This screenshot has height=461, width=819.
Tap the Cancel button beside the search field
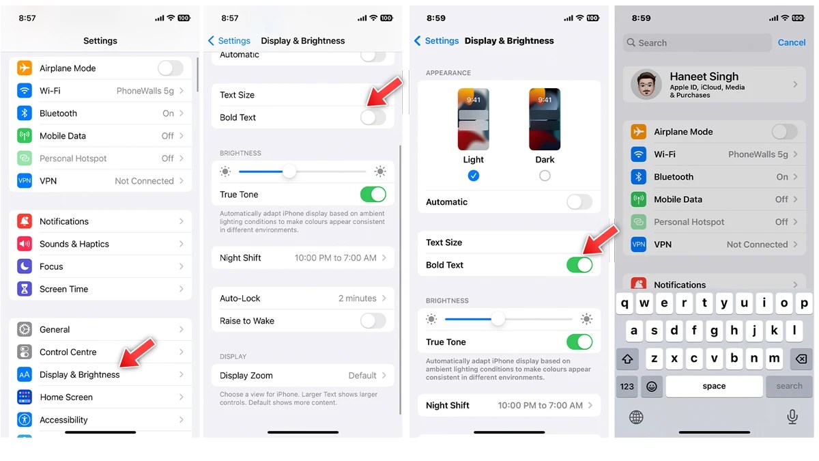[792, 42]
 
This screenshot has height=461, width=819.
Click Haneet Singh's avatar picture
[646, 85]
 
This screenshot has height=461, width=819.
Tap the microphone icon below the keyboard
[792, 417]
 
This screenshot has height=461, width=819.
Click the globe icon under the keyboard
[636, 417]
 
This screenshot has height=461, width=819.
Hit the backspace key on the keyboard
[801, 359]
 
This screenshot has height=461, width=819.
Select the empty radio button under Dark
[545, 176]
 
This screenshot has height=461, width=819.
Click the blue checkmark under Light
[474, 176]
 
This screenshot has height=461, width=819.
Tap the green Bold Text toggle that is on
[579, 265]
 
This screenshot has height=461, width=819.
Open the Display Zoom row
[303, 376]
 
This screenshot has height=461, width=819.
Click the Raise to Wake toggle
[373, 321]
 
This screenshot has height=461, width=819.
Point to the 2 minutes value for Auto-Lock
[357, 298]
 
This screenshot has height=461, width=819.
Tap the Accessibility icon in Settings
[25, 419]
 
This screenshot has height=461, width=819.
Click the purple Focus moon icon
[25, 266]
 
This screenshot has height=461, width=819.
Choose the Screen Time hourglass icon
[25, 289]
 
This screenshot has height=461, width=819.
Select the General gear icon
[25, 329]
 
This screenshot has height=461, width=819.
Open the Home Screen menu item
[66, 397]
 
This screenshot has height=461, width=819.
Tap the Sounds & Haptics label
[74, 244]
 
